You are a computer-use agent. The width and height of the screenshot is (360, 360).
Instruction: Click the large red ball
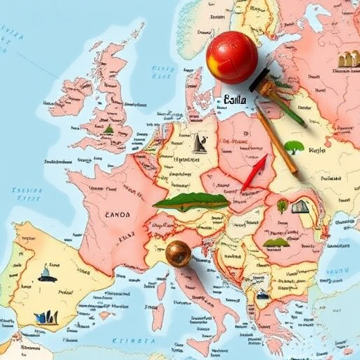coord(232,57)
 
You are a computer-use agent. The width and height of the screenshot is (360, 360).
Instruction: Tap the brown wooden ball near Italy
coord(179,253)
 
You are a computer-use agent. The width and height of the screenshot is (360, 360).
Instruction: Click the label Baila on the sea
coord(235,101)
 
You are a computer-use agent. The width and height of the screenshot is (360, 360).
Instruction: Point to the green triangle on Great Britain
coord(108,129)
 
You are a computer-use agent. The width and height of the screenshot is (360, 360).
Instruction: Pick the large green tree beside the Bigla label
coord(294,148)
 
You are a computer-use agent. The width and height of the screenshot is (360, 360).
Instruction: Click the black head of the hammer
coord(262,83)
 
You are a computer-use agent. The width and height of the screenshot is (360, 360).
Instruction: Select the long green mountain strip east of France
coord(191,202)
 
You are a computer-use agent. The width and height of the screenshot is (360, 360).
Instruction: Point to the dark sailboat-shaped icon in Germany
coord(199,143)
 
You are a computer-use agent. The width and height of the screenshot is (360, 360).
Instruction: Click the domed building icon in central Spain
coord(47,274)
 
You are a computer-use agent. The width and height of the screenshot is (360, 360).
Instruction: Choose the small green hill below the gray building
coord(275,243)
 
